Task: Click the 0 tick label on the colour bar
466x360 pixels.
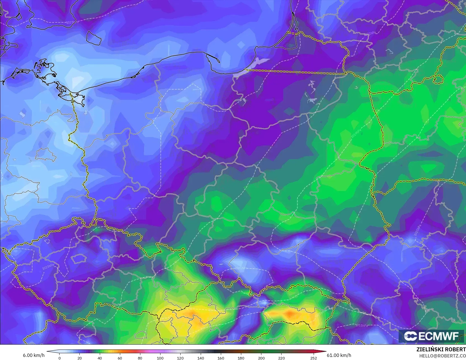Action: (59, 358)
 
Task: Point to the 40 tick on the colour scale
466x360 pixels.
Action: (100, 358)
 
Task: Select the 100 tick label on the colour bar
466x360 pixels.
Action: (160, 358)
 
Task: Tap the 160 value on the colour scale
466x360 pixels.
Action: (221, 358)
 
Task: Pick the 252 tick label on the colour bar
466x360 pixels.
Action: (313, 358)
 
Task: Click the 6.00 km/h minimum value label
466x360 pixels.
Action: (34, 355)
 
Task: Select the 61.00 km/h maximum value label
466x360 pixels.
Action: (339, 355)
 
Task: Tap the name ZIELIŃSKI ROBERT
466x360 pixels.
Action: (441, 350)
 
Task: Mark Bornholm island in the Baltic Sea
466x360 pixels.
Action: (94, 37)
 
